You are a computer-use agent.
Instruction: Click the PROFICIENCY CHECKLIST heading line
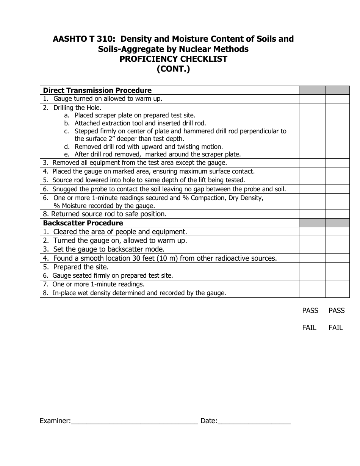point(174,59)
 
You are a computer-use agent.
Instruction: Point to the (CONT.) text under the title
point(174,69)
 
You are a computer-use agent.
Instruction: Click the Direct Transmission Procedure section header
point(97,90)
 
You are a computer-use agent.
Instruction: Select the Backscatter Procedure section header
point(83,223)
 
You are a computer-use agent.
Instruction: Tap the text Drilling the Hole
point(77,108)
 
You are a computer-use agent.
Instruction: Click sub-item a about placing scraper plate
point(135,115)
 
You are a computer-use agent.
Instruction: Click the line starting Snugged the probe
point(169,189)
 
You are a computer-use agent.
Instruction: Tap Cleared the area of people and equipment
point(120,231)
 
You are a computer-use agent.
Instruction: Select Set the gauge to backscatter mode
point(109,249)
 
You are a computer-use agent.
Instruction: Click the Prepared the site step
point(81,267)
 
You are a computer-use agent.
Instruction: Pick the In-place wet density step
point(139,293)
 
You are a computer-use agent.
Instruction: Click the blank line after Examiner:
point(135,421)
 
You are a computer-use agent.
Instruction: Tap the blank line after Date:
point(254,421)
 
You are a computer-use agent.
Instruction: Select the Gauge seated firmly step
point(113,276)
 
